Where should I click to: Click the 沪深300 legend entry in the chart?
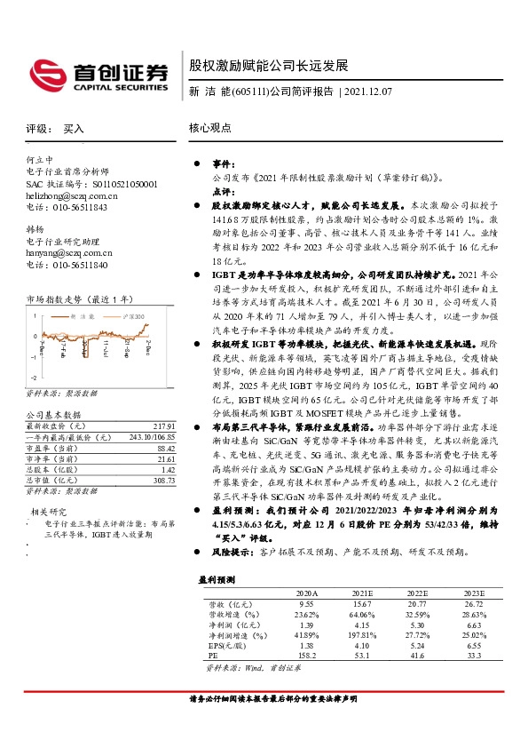tap(131, 316)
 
